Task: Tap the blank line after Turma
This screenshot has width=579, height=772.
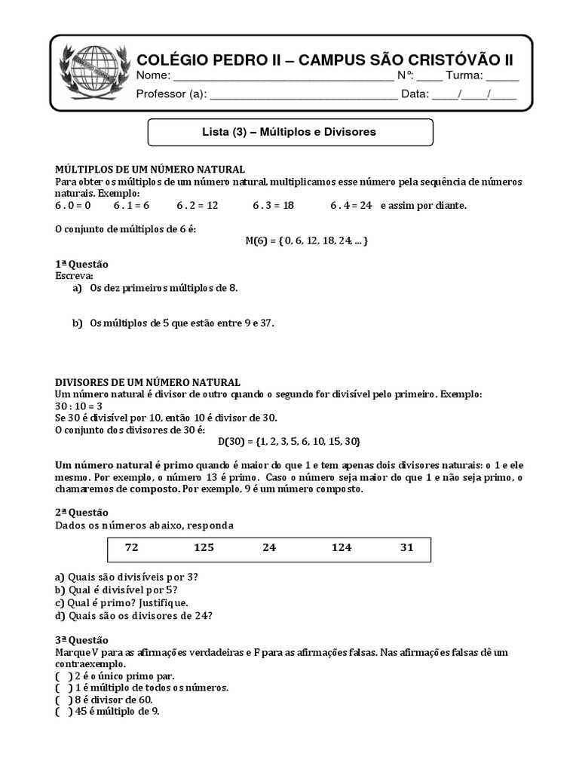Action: tap(502, 78)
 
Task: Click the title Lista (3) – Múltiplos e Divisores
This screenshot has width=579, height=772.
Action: tap(289, 132)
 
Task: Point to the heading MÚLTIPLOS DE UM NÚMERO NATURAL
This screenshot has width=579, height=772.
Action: tap(150, 170)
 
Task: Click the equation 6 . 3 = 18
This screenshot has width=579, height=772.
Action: tap(273, 205)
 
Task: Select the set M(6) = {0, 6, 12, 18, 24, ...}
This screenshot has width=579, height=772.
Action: tap(307, 240)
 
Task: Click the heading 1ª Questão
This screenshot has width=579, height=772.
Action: tap(82, 264)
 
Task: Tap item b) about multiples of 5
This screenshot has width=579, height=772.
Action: tap(173, 323)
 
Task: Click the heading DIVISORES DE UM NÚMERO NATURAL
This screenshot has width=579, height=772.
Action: tap(149, 383)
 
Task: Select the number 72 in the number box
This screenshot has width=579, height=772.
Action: tap(132, 548)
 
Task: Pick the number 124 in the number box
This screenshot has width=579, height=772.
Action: tap(342, 548)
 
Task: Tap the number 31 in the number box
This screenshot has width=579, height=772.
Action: tap(406, 548)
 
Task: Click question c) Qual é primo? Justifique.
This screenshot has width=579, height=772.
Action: tap(121, 602)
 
